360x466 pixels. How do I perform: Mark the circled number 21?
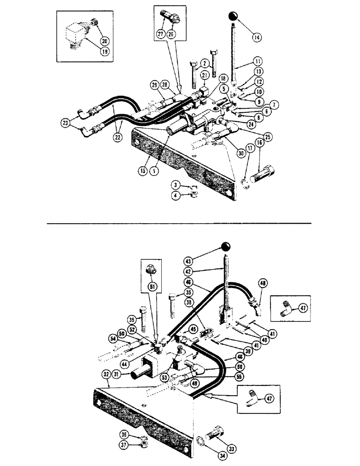[205, 76]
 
